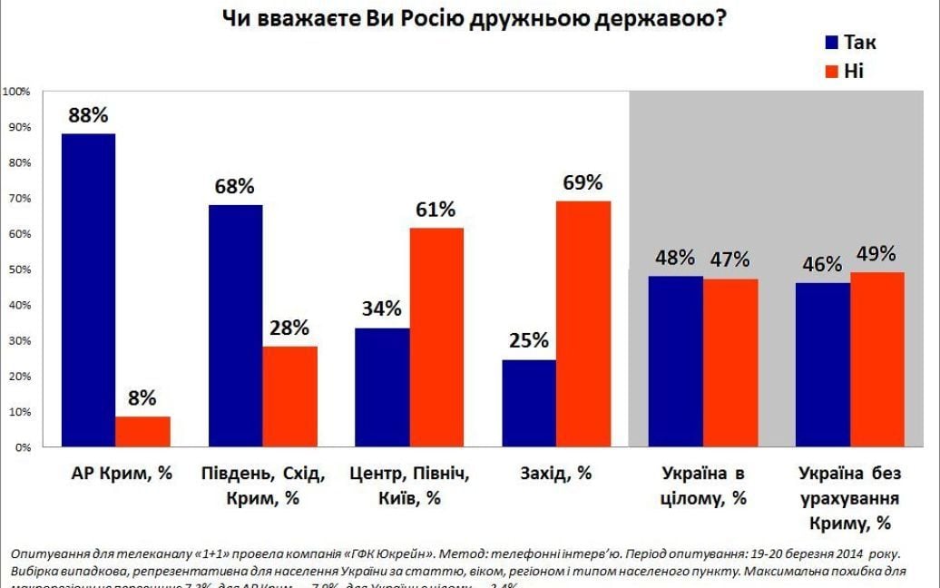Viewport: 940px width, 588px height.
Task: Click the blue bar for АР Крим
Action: pos(88,290)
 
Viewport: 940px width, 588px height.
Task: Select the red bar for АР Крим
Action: pos(142,431)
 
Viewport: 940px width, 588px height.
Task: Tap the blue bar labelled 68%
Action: pos(235,326)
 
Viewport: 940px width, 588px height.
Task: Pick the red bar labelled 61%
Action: pos(436,337)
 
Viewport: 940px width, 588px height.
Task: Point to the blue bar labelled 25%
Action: pos(528,403)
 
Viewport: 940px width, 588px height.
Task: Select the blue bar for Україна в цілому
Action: pos(675,361)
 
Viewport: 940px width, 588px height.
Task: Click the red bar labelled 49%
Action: pos(876,359)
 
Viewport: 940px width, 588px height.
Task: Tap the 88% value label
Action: pos(87,115)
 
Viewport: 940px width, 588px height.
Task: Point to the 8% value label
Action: pos(142,397)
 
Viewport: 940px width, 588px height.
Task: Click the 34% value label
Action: pos(381,309)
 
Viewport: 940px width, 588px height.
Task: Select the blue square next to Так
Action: pos(831,42)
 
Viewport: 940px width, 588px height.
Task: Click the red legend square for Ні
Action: pos(831,71)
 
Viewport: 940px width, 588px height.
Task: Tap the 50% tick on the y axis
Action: pos(19,269)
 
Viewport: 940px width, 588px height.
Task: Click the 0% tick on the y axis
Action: pos(22,447)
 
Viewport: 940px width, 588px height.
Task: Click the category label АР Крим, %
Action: pos(121,474)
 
